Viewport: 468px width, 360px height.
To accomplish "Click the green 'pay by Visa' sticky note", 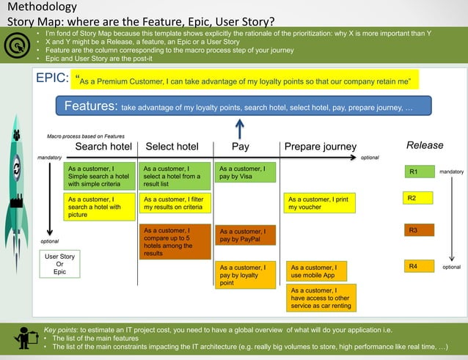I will pyautogui.click(x=246, y=173).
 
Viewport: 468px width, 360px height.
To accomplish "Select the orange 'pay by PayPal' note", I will pyautogui.click(x=246, y=236).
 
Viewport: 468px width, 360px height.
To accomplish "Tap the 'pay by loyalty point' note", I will pyautogui.click(x=246, y=275).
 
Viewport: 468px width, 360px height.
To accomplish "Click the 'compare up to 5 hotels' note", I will pyautogui.click(x=176, y=241).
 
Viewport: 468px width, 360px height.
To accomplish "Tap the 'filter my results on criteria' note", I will pyautogui.click(x=176, y=203).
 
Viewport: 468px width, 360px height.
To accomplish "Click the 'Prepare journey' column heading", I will pyautogui.click(x=320, y=147).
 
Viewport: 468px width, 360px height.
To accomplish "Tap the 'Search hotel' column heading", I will pyautogui.click(x=103, y=146).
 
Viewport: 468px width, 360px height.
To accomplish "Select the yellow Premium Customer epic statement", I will pyautogui.click(x=246, y=79).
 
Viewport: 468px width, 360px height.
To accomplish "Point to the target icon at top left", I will pyautogui.click(x=15, y=45).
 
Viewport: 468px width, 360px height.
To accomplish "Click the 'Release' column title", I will pyautogui.click(x=425, y=145).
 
